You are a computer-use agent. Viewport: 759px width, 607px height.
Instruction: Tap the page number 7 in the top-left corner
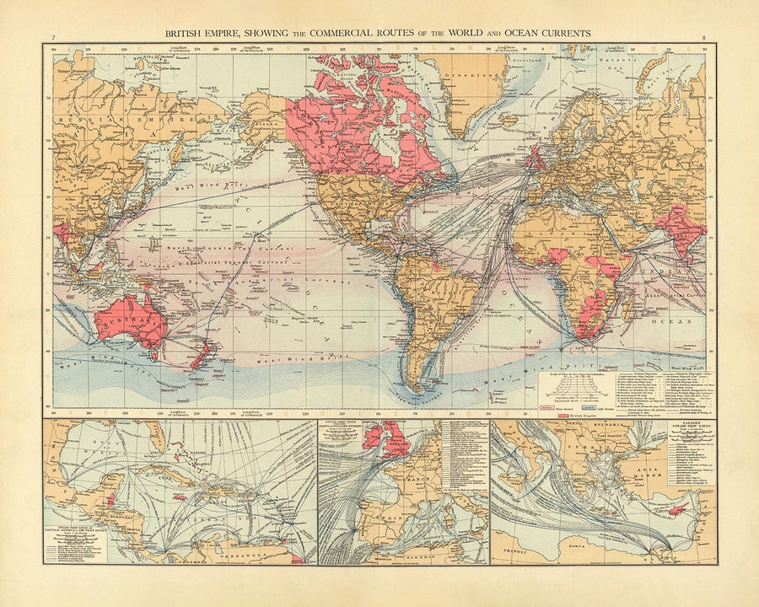point(53,38)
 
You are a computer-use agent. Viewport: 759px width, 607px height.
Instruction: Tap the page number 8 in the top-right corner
point(704,38)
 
